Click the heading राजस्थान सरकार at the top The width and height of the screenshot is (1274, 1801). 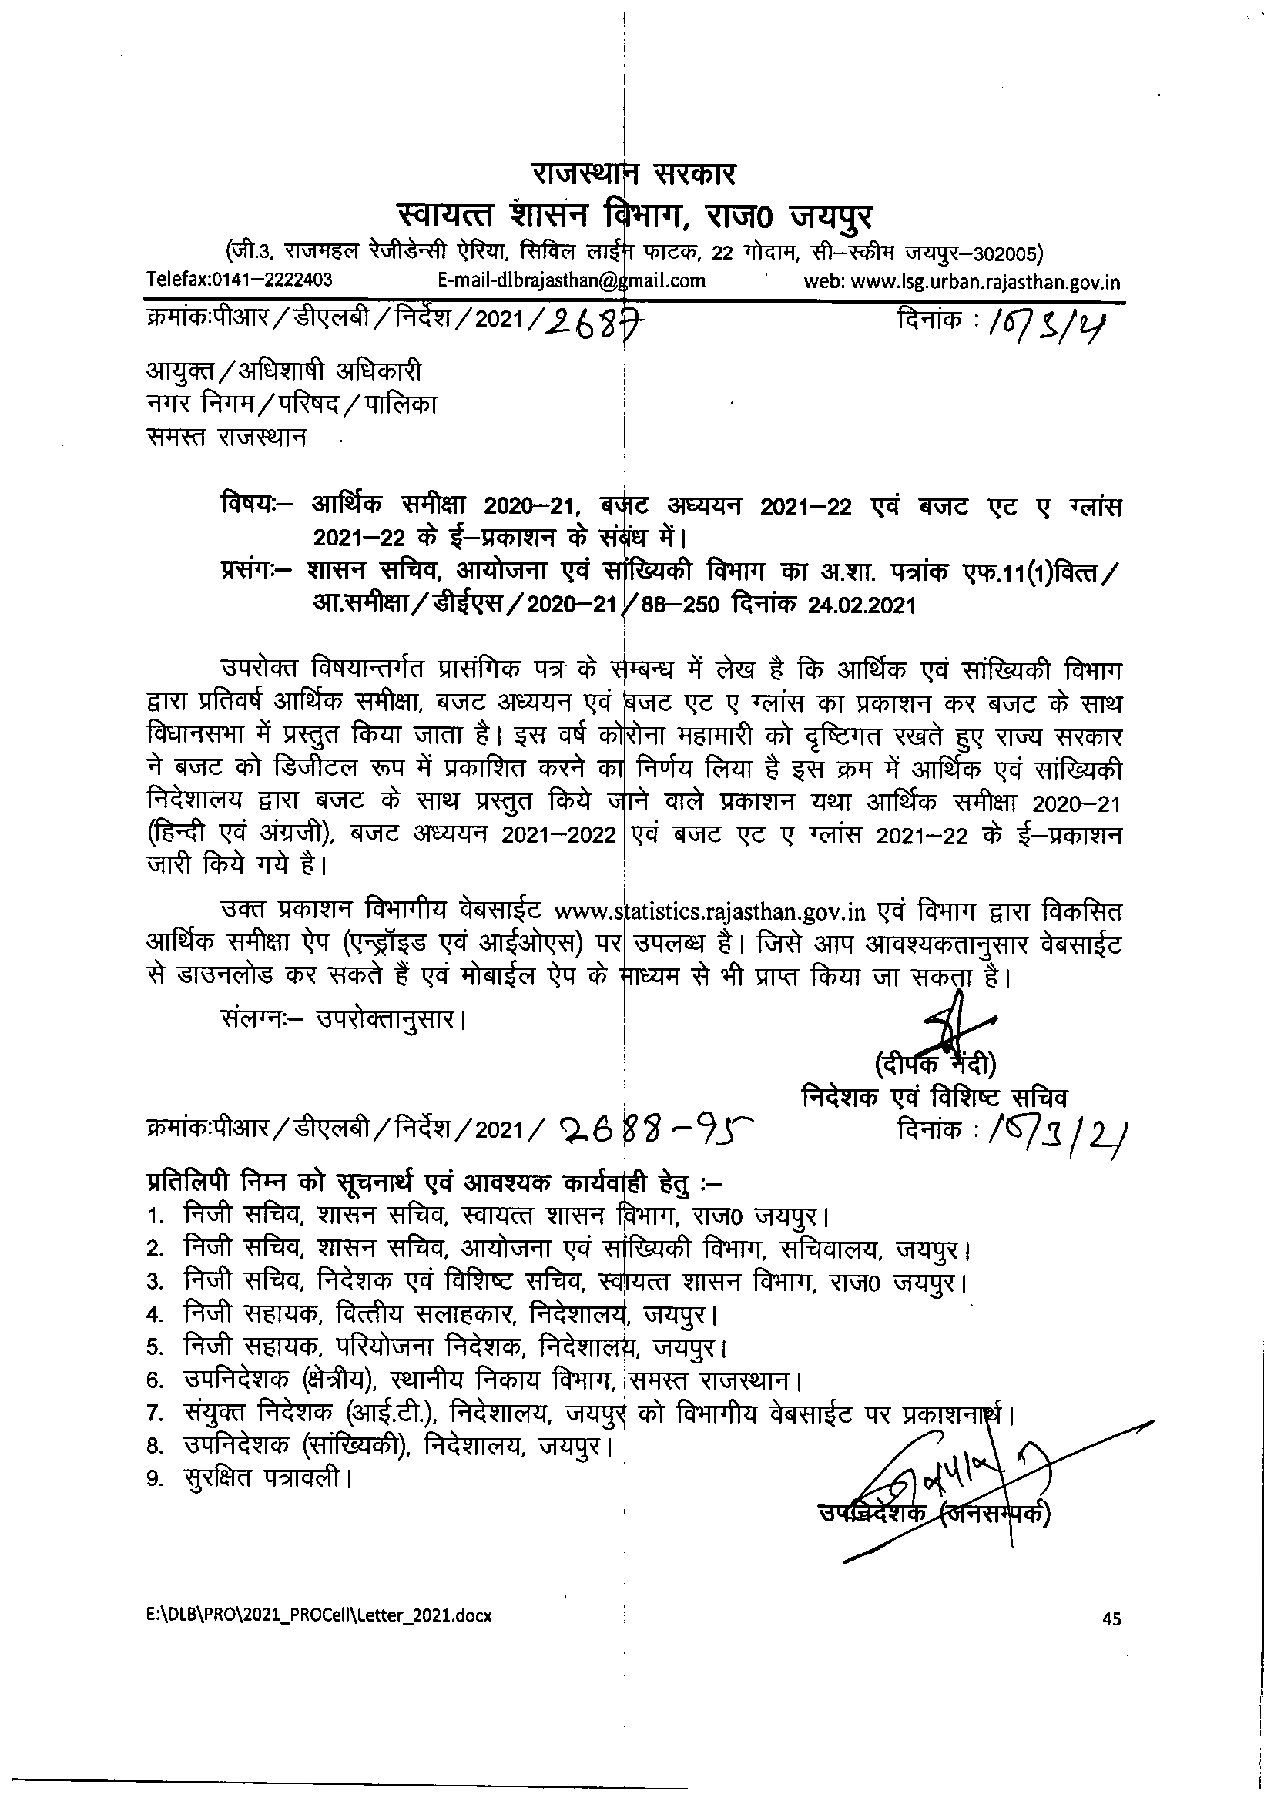click(634, 173)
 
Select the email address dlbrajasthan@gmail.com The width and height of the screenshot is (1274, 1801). click(571, 280)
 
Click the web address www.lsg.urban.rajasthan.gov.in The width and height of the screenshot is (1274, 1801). click(963, 282)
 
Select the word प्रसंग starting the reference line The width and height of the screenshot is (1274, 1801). click(248, 572)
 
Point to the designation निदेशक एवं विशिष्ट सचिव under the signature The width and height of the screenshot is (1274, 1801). click(934, 1098)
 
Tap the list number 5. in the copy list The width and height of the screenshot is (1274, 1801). click(154, 1347)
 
